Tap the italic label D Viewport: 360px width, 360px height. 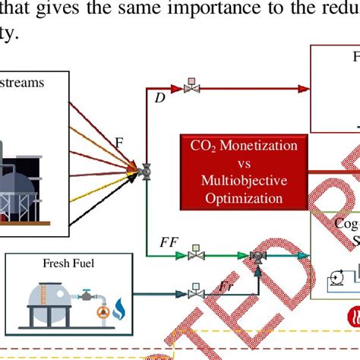tap(159, 98)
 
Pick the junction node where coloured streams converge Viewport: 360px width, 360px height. tap(142, 173)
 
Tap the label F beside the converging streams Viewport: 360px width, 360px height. tap(118, 142)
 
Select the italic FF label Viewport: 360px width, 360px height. tap(169, 242)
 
